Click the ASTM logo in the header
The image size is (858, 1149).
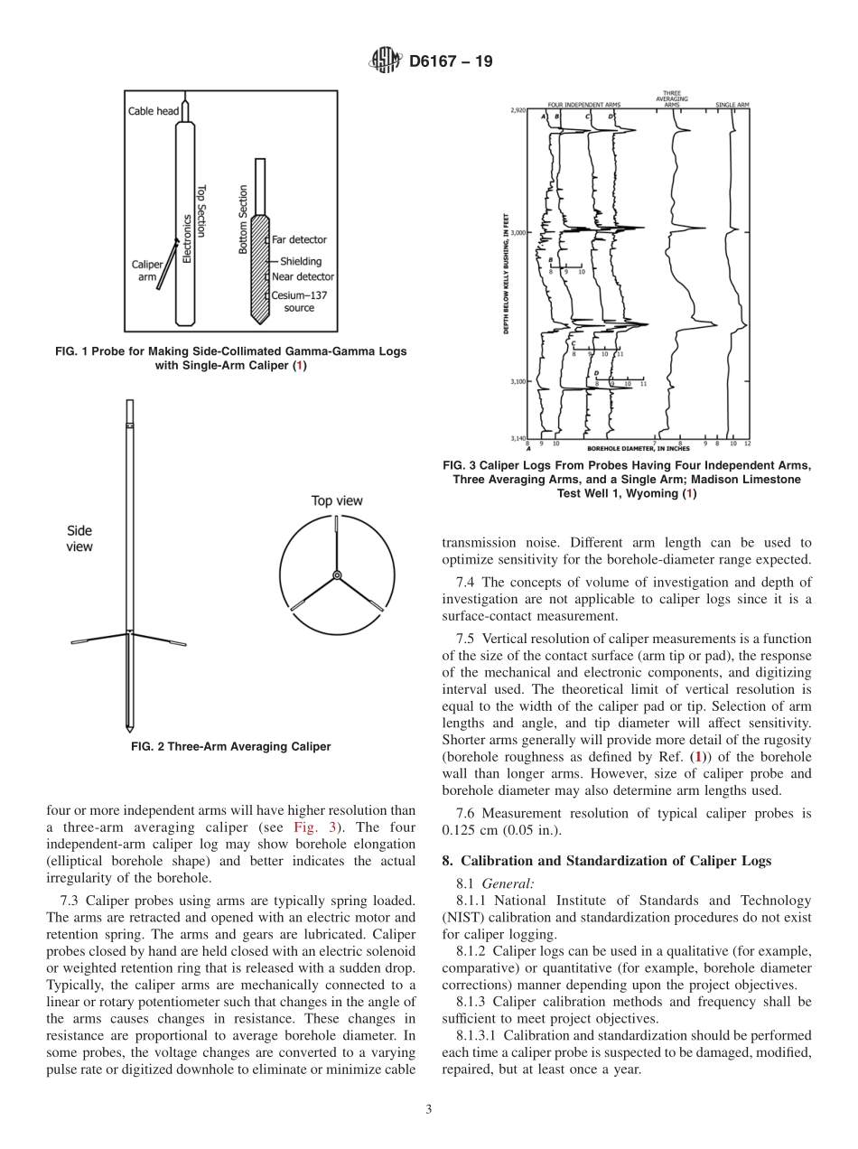387,62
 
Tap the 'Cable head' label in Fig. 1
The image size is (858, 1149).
154,111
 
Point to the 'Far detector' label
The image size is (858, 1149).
299,239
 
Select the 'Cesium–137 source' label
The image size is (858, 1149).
299,302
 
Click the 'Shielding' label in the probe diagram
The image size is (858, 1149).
300,262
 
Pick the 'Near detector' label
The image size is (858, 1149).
303,277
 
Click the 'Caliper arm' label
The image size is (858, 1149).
146,271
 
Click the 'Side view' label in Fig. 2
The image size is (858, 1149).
79,538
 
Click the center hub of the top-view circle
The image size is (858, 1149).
337,575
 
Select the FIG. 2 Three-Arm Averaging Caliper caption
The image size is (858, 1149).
230,747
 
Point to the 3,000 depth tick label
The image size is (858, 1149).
517,232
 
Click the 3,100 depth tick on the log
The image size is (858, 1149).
517,381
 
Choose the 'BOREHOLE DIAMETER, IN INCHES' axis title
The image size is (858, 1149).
638,448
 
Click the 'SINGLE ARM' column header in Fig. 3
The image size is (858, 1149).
732,105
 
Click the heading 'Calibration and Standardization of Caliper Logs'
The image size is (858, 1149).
607,861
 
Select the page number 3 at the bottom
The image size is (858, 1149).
429,1109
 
